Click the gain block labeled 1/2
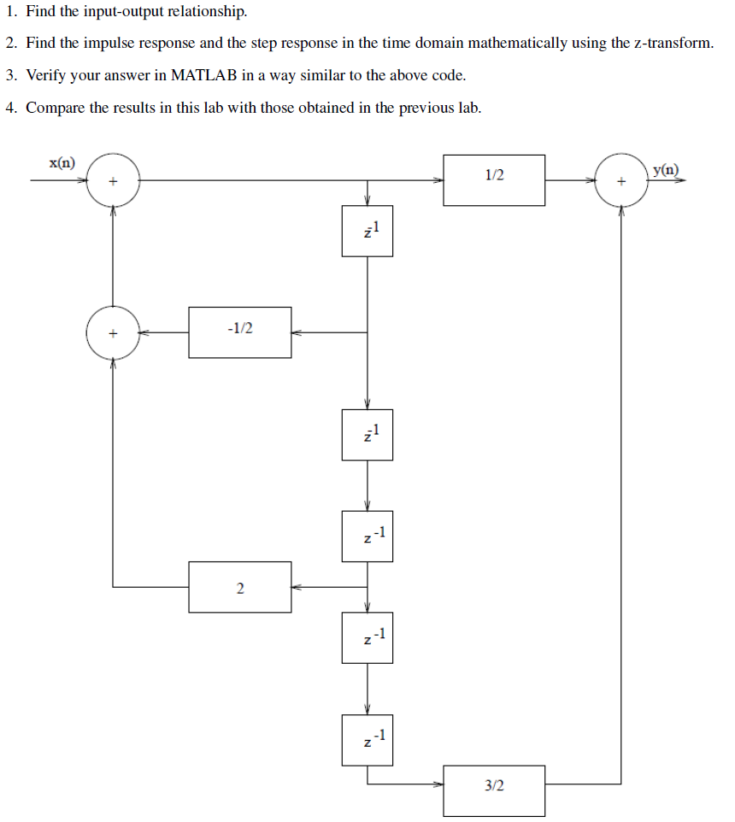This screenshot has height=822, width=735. tap(494, 180)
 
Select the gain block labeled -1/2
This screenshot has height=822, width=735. tap(239, 332)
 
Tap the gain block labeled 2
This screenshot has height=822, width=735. tap(239, 587)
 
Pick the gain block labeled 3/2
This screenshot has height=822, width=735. tap(494, 790)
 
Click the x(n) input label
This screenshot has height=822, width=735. tap(62, 162)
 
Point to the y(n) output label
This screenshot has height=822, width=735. tap(666, 170)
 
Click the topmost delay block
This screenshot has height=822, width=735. tap(367, 231)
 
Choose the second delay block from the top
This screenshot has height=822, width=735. tap(367, 435)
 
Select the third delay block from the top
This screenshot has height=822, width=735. tap(367, 537)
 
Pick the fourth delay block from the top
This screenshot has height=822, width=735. tap(367, 637)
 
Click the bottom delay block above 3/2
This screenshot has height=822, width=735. tap(367, 740)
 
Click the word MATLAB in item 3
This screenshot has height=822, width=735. tap(204, 75)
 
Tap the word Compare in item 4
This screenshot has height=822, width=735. tap(55, 108)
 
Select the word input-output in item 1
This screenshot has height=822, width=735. tap(123, 12)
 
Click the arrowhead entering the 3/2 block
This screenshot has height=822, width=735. tap(438, 784)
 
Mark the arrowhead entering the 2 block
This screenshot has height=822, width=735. tap(297, 587)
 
